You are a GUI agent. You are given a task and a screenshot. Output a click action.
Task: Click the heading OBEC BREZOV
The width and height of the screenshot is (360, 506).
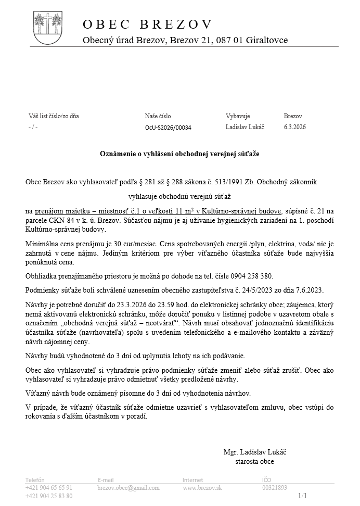tap(148, 24)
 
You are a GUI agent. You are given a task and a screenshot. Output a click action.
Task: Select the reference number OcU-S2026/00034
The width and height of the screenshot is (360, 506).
tap(168, 128)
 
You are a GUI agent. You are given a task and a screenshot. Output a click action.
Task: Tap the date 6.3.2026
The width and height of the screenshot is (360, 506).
tap(295, 127)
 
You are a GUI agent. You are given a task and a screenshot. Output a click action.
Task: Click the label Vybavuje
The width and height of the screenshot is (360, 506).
tap(238, 116)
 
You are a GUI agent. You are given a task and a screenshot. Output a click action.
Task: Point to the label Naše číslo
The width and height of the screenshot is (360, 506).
tap(158, 116)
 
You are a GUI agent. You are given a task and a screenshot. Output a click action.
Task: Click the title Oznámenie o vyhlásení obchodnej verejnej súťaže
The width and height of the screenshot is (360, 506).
tap(179, 154)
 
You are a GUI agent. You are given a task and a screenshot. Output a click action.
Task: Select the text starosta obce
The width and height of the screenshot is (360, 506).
tap(255, 461)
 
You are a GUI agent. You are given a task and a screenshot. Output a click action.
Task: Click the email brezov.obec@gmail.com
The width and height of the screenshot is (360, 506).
tap(128, 488)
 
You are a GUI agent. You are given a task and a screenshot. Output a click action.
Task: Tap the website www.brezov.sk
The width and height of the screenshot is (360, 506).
tap(202, 488)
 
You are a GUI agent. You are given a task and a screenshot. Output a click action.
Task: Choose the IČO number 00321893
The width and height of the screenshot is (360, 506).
tap(274, 488)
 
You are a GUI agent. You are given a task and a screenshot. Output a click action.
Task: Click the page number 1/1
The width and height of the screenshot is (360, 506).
tap(303, 496)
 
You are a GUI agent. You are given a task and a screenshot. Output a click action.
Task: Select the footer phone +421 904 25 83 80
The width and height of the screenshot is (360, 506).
tap(49, 496)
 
